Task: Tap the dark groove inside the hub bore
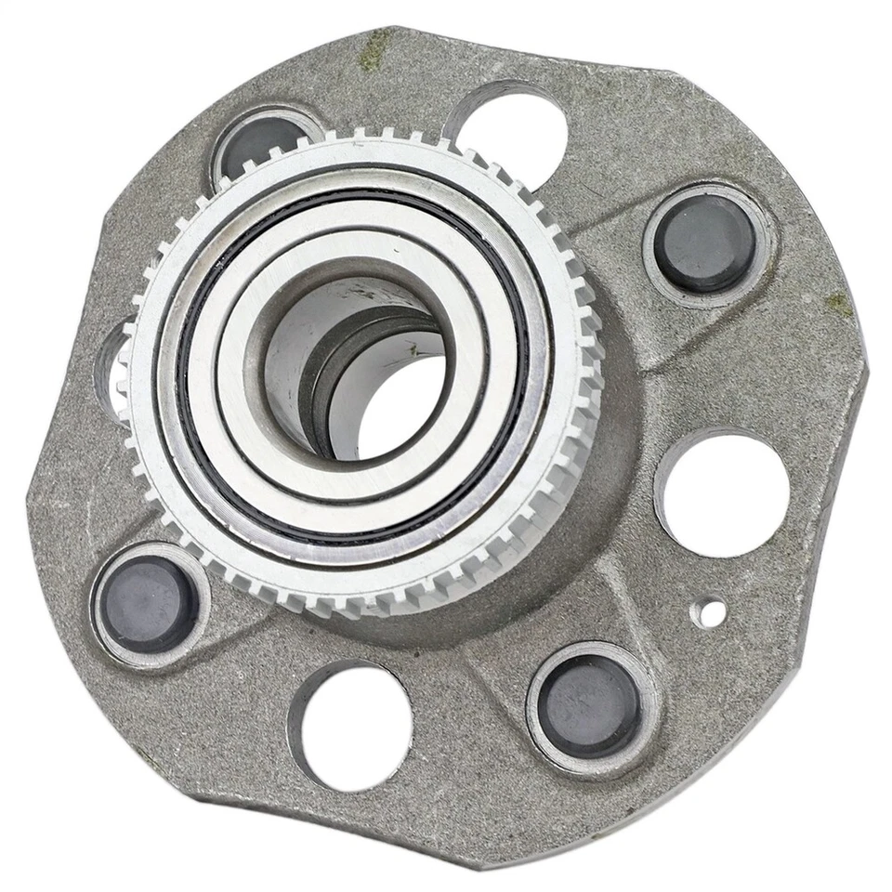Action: coord(321,372)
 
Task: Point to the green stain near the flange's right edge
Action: coord(838,303)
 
